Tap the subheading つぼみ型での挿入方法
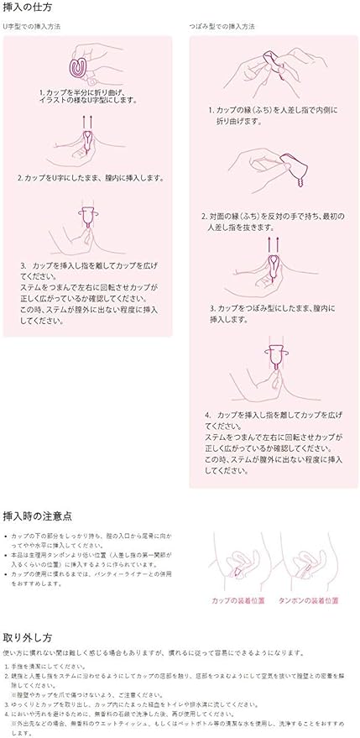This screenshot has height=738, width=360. (x=222, y=27)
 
